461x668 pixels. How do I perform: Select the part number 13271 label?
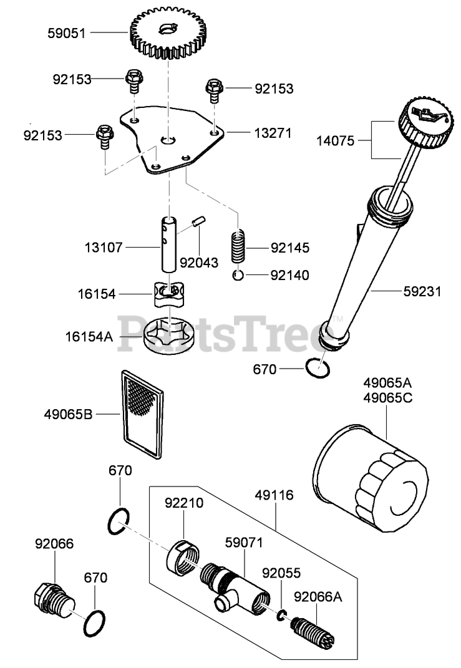click(272, 133)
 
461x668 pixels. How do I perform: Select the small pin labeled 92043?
click(198, 222)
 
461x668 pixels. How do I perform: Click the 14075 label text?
click(334, 141)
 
